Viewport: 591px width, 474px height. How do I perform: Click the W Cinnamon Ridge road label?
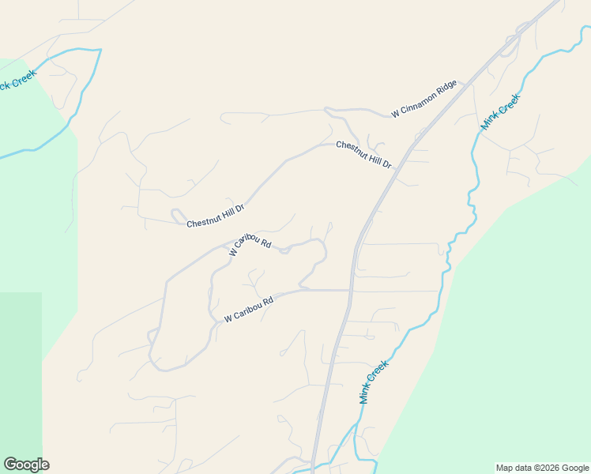click(424, 98)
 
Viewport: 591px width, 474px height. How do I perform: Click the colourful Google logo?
click(26, 465)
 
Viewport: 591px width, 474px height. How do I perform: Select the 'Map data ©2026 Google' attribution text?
click(543, 468)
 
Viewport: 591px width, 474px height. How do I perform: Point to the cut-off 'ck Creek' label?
click(17, 81)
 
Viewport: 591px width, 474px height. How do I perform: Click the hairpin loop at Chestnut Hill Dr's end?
click(177, 214)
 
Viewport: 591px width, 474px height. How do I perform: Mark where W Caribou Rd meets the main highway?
click(350, 290)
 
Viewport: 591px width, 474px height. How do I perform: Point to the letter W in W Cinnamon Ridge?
click(395, 115)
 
